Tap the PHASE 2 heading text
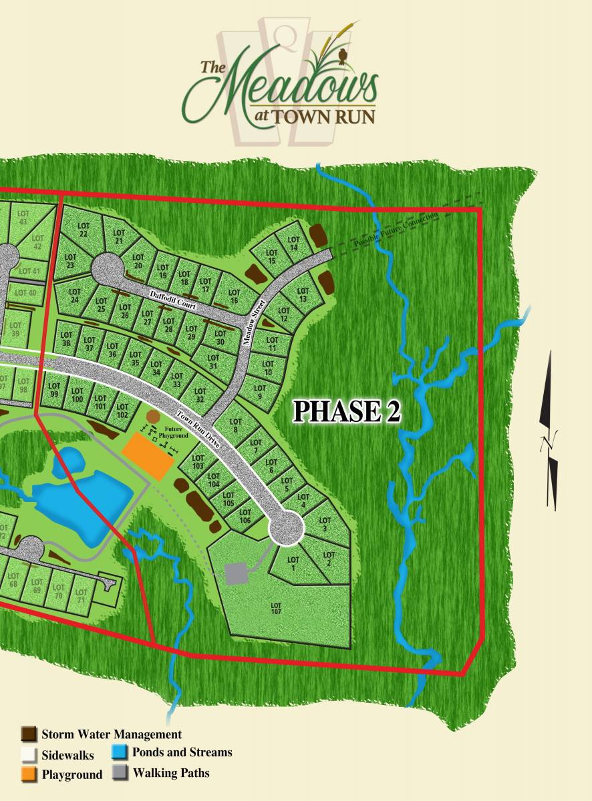coord(346,412)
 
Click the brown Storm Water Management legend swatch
coord(29,734)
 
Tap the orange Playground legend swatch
coord(29,774)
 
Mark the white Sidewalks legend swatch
coord(29,754)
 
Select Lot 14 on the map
coord(293,244)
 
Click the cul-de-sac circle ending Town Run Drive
coord(287,529)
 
